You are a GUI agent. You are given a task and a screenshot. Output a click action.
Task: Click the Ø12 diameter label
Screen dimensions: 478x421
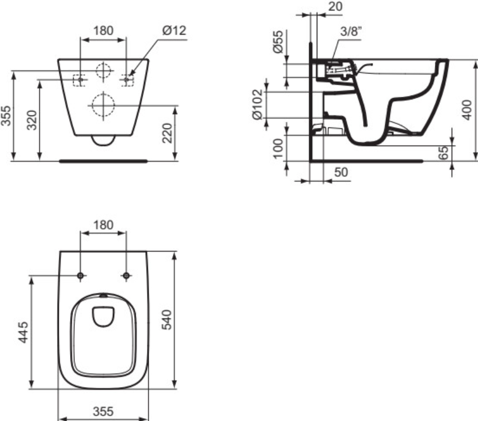pos(174,31)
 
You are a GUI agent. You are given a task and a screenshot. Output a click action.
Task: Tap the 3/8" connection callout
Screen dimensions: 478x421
pos(351,31)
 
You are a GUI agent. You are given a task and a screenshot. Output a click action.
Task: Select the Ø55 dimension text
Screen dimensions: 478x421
pos(278,41)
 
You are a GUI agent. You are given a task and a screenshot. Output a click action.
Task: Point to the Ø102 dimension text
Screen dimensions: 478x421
pos(257,104)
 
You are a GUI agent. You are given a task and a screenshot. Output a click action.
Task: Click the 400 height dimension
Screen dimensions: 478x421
pos(466,110)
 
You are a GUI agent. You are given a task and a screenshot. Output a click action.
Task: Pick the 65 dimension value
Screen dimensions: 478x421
pos(445,153)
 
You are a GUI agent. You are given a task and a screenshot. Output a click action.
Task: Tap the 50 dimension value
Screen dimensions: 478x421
pos(341,172)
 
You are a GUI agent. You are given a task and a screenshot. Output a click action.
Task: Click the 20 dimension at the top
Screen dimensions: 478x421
pos(336,6)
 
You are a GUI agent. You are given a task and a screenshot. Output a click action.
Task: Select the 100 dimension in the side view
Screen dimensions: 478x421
pos(278,149)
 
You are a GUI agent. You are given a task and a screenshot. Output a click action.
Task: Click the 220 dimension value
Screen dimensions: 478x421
pos(167,133)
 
